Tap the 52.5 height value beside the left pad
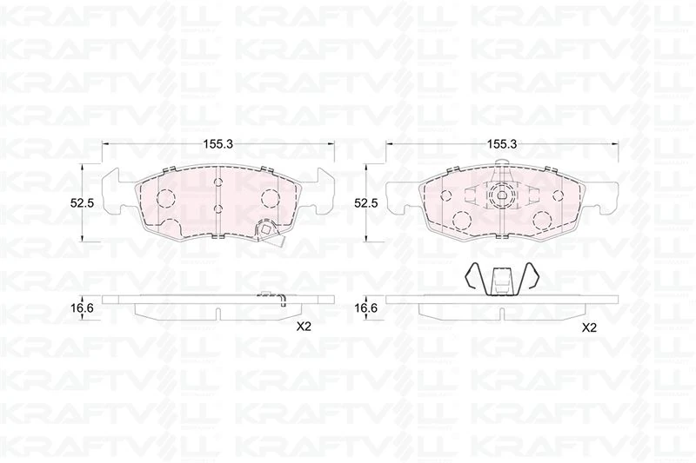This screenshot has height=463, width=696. tap(82, 203)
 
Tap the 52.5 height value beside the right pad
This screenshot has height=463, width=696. tap(366, 203)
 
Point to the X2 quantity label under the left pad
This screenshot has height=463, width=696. tap(304, 327)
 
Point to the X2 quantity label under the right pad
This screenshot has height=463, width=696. tap(588, 327)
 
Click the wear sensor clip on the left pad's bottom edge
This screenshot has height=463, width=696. tap(264, 231)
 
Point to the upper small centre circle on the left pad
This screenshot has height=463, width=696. tap(218, 183)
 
